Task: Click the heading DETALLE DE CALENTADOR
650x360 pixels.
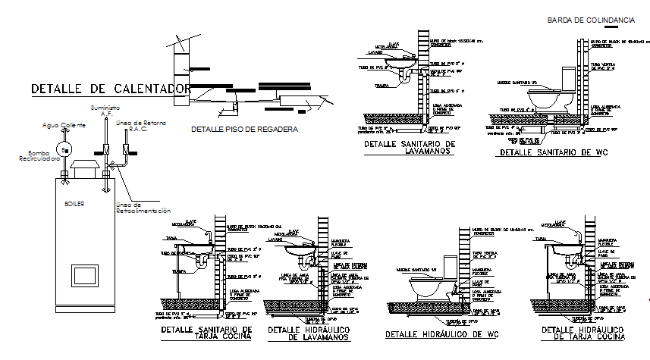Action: [110, 89]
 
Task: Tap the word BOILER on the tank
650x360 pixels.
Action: [74, 204]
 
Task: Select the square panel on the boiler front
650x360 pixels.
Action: [83, 274]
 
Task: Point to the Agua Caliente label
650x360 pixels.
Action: [64, 125]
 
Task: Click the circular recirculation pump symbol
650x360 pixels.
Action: [65, 149]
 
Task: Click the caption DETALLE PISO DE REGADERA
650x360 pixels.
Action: [243, 130]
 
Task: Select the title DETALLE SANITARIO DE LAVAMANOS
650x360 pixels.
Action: [408, 147]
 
